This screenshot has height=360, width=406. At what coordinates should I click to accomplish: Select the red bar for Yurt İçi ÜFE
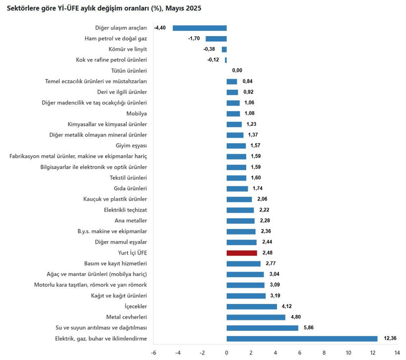click(242, 253)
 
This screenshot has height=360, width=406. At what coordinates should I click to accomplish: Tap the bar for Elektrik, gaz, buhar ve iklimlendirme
click(302, 339)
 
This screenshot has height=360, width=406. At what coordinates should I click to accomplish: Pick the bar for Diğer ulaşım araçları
click(200, 28)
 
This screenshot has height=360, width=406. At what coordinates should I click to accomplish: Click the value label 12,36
click(389, 339)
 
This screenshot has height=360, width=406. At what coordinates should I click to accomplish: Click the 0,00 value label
click(237, 71)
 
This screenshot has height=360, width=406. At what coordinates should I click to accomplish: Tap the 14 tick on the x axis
click(397, 353)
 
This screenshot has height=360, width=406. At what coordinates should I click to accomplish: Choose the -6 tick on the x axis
click(153, 353)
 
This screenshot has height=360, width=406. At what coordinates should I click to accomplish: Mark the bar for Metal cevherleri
click(256, 317)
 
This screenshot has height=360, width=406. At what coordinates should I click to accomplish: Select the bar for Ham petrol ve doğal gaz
click(216, 39)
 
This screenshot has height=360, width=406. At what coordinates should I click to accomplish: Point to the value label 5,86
click(309, 328)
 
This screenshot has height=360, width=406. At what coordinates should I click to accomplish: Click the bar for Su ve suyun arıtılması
click(262, 328)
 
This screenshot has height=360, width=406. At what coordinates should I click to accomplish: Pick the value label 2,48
click(268, 253)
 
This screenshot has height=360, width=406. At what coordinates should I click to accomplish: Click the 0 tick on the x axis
click(226, 353)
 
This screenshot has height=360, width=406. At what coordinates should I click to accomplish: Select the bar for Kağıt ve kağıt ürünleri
click(246, 296)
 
